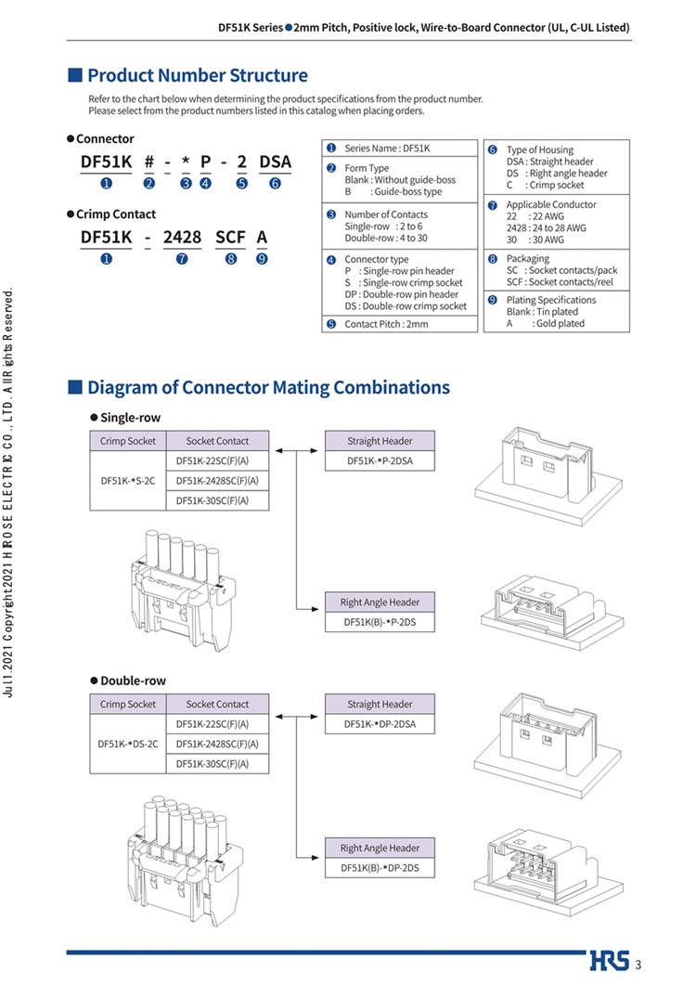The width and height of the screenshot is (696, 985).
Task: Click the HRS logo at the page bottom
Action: (x=610, y=961)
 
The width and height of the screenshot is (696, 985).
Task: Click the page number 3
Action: (x=638, y=965)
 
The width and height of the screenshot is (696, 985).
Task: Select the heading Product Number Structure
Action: (x=198, y=75)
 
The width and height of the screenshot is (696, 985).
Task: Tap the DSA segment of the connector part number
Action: (x=275, y=162)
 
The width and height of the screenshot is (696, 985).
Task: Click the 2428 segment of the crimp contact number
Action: (x=182, y=238)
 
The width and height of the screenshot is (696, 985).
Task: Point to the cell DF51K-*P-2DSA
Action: (x=380, y=461)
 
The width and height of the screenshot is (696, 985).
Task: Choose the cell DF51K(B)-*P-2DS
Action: (x=380, y=622)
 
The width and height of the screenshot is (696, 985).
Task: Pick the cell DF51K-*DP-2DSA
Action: (x=380, y=724)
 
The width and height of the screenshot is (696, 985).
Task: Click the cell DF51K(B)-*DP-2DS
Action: (x=380, y=868)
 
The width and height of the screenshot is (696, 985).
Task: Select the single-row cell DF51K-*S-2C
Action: (x=128, y=481)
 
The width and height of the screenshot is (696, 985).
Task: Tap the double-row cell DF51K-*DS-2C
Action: (x=128, y=744)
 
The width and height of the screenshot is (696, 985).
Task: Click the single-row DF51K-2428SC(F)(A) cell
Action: (x=217, y=481)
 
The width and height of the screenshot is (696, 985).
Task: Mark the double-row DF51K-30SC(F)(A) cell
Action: (x=217, y=764)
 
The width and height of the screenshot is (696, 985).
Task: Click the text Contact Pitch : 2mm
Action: (x=386, y=324)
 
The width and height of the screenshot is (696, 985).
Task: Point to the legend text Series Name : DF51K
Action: (x=387, y=149)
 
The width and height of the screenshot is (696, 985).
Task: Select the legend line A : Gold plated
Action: (x=546, y=323)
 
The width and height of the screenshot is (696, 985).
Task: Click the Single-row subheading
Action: (x=130, y=418)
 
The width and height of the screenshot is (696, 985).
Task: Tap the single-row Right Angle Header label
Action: (x=380, y=602)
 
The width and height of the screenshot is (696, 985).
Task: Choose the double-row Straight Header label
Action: (x=380, y=705)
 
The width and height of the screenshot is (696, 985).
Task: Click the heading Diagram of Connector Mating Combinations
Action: (x=268, y=387)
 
